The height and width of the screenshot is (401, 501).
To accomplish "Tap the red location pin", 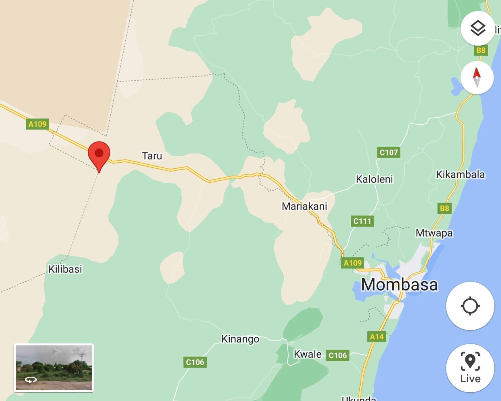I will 99,154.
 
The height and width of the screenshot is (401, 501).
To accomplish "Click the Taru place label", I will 152,156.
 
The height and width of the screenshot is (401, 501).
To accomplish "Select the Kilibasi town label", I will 65,269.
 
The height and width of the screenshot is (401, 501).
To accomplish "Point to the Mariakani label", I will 304,206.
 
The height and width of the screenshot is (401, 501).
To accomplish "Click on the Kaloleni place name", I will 374,179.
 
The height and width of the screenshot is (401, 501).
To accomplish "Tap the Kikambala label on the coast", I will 460,174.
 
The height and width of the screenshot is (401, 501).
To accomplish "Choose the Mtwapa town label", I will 434,233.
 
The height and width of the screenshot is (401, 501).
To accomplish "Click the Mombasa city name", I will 399,285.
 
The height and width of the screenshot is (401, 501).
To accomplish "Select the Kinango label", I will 240,339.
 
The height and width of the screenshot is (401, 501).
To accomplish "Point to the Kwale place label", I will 308,354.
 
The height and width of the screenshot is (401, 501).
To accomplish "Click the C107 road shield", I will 389,152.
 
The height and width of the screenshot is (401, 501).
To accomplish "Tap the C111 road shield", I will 362,221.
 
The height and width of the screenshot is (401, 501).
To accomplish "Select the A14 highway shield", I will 377,337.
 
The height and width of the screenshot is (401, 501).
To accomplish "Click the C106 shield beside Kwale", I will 338,356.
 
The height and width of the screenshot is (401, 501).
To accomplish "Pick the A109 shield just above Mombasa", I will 352,263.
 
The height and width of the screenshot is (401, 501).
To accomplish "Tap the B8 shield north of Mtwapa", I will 444,208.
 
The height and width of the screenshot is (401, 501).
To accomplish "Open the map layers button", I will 478,28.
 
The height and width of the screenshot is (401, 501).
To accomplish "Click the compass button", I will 477,77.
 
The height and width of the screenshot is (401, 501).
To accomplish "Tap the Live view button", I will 470,368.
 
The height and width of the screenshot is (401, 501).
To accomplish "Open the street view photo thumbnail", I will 54,368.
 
